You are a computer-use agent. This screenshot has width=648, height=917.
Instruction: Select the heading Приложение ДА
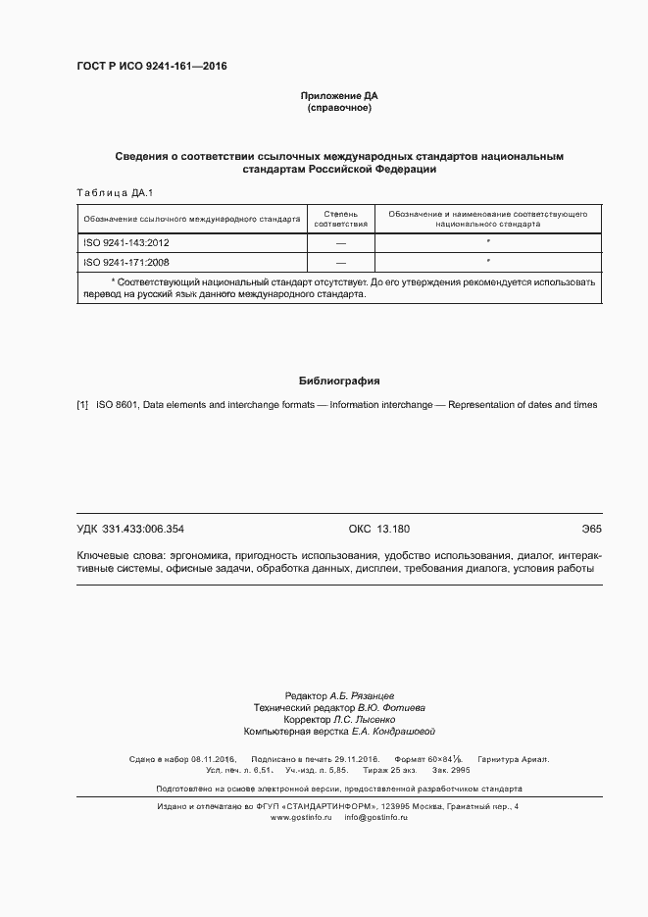point(338,95)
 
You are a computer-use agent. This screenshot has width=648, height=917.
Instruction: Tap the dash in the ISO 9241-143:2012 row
point(340,241)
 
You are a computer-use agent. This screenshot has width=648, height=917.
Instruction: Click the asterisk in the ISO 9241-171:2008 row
point(487,262)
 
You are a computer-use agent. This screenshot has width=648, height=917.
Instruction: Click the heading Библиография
point(338,381)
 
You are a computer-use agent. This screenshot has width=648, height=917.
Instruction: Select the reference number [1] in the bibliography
point(82,404)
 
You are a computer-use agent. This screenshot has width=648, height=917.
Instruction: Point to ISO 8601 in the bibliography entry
point(118,404)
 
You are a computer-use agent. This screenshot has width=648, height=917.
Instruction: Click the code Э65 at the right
point(590,529)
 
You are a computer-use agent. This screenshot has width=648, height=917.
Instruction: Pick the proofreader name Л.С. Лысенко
point(364,719)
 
